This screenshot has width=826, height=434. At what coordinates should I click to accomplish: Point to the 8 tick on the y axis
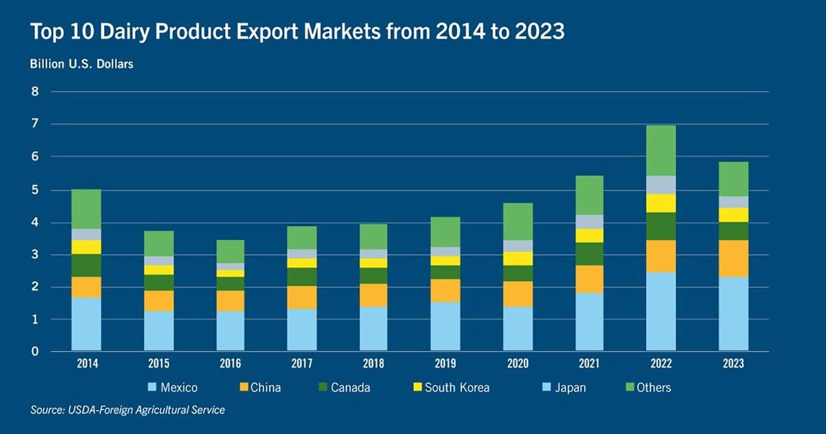click(x=34, y=92)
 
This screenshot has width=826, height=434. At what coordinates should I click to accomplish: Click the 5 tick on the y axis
click(x=34, y=189)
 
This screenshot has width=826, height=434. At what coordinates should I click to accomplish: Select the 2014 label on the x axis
click(x=86, y=364)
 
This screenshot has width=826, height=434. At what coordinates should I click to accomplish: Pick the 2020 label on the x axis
click(x=518, y=364)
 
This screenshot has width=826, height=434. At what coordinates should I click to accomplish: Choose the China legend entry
click(x=260, y=387)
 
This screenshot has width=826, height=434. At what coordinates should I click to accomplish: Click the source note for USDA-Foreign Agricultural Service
click(x=127, y=410)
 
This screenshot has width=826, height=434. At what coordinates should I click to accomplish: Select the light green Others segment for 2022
click(x=661, y=150)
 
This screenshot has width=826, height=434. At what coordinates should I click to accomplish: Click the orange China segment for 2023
click(x=733, y=258)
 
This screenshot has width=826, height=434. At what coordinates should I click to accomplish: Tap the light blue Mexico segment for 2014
click(x=86, y=324)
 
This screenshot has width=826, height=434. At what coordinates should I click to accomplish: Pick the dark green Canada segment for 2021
click(x=589, y=254)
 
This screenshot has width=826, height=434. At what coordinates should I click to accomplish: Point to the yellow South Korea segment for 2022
click(x=661, y=203)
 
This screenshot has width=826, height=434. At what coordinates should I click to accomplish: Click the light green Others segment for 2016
click(x=230, y=251)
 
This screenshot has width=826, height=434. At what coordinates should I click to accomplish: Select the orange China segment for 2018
click(x=374, y=295)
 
